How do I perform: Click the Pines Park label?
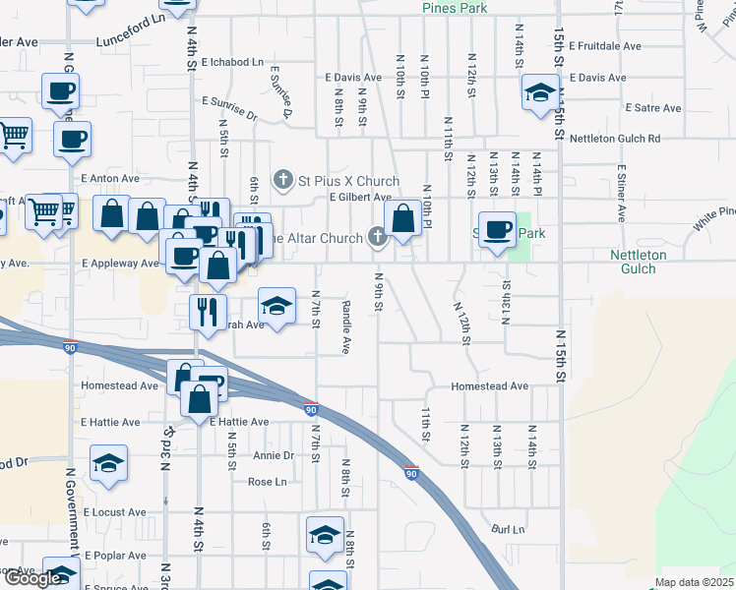click(x=455, y=8)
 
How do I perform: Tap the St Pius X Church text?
click(x=349, y=181)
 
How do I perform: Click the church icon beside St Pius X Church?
click(x=283, y=180)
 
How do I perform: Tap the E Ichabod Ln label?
click(x=233, y=62)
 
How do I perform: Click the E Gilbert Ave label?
click(x=361, y=198)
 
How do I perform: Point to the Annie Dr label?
click(x=274, y=455)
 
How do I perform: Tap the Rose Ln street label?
click(x=267, y=482)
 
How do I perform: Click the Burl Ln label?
click(x=509, y=530)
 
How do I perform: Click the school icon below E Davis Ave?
click(x=539, y=94)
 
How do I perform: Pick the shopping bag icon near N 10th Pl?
click(x=403, y=219)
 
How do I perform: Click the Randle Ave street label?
click(x=346, y=326)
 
